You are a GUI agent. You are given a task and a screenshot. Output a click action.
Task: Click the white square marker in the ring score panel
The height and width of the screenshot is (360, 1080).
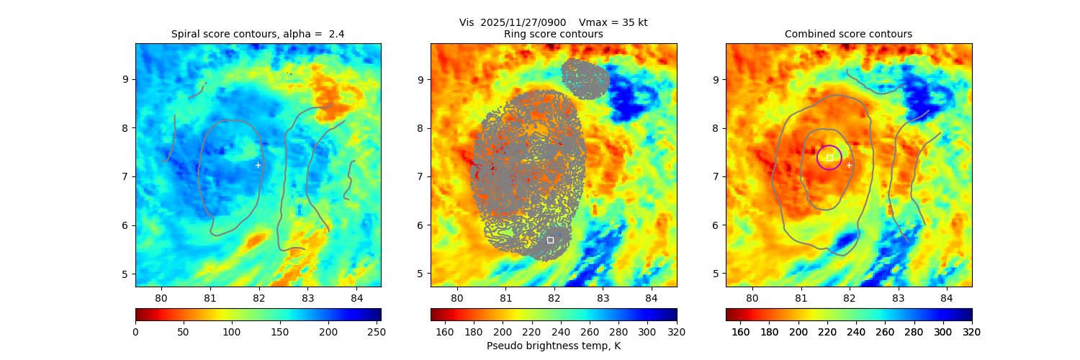click(x=550, y=240)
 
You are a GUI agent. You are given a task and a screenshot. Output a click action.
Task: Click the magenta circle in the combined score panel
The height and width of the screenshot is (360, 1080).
click(x=829, y=158)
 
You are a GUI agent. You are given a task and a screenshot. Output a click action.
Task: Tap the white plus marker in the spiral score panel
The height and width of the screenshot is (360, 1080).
click(x=258, y=165)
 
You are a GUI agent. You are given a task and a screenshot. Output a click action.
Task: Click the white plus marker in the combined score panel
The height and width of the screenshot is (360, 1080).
click(x=849, y=165)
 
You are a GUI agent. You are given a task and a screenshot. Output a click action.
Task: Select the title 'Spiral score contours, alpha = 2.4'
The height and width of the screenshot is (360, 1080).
click(x=258, y=34)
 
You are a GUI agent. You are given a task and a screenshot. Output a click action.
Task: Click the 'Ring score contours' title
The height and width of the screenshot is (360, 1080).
click(x=553, y=34)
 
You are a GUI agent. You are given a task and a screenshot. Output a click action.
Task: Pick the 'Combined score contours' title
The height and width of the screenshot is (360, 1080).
click(x=848, y=34)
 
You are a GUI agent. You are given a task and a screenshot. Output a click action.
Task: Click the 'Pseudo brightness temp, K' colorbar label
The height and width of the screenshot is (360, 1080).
click(x=553, y=346)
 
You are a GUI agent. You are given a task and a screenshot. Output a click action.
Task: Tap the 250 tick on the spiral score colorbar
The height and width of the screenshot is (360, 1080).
click(x=376, y=331)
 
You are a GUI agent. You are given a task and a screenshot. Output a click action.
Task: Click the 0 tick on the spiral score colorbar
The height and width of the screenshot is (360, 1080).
click(x=135, y=331)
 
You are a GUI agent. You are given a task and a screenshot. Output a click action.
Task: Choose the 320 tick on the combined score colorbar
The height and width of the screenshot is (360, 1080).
click(x=971, y=331)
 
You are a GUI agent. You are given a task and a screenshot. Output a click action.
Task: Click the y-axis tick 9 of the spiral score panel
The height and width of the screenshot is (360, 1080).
click(x=127, y=79)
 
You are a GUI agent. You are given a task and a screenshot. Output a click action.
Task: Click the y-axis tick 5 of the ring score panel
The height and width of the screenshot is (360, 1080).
click(x=422, y=274)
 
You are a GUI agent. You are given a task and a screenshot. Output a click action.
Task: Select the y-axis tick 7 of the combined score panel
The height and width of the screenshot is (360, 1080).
click(x=717, y=176)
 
